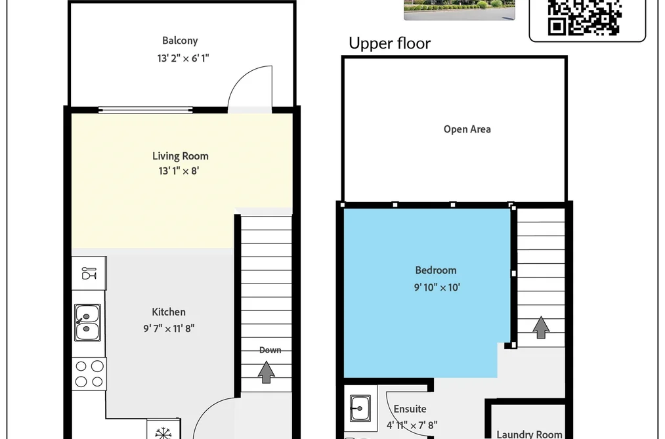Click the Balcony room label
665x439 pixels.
point(180,41)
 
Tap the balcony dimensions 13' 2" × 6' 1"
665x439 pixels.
point(183,58)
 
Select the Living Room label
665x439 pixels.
point(181,156)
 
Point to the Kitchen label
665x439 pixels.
point(169,312)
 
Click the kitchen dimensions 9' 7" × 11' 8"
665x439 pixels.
point(169,328)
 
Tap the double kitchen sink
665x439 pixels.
point(87,322)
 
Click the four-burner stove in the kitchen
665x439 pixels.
point(89,373)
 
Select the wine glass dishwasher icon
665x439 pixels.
point(89,274)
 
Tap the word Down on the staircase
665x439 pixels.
point(270,350)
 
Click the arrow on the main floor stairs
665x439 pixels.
point(266,372)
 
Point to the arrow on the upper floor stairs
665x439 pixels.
point(541,327)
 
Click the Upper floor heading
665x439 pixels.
point(389,43)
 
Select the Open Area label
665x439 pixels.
point(467,129)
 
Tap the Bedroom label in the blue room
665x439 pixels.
point(435,270)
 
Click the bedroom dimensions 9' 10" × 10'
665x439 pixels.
point(437,287)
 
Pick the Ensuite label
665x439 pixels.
point(410,409)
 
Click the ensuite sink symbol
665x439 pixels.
point(360,408)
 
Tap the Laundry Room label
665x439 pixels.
point(529,434)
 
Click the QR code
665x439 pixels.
point(585,17)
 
